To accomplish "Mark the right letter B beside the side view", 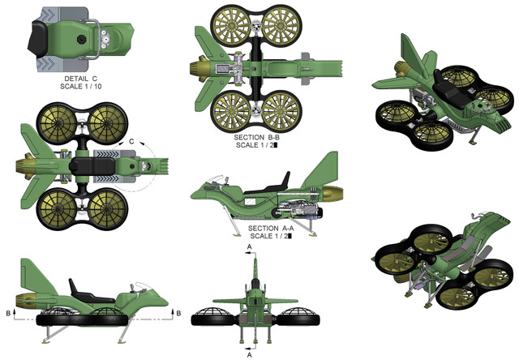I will click(x=176, y=310).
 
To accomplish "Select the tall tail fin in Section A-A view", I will click(x=325, y=169).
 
